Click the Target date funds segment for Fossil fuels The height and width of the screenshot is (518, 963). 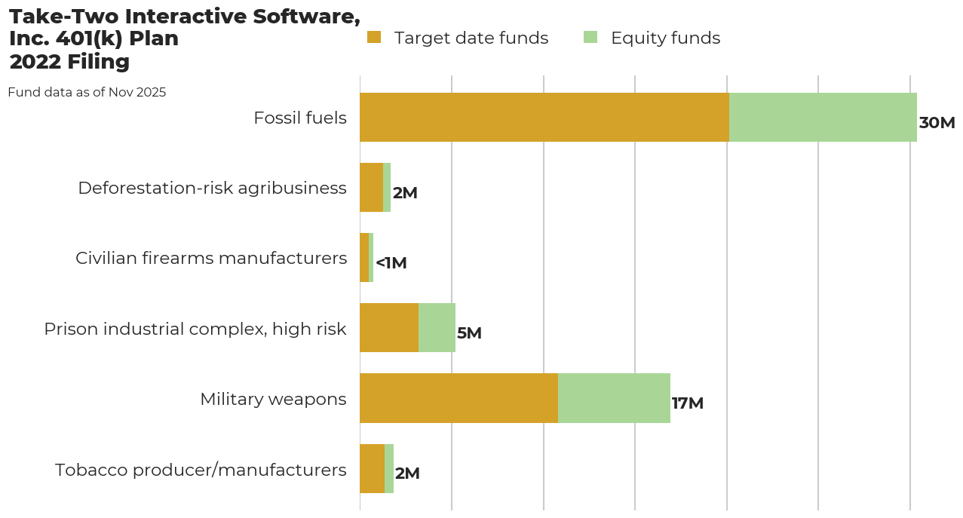click(544, 118)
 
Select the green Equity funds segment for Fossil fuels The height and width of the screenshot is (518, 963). click(823, 118)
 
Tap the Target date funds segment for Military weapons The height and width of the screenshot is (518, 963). click(458, 398)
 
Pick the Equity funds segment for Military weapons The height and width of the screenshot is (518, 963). click(614, 398)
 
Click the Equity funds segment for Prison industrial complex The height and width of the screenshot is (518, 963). click(437, 328)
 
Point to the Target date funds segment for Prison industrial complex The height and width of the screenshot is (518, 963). click(389, 328)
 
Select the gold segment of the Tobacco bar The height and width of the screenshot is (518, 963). click(372, 468)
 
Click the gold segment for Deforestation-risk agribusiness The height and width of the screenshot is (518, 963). click(371, 188)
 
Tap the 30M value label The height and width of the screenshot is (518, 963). click(937, 123)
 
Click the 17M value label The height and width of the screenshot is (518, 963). click(687, 403)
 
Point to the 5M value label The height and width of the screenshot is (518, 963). click(469, 333)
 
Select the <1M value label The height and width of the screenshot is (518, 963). click(391, 263)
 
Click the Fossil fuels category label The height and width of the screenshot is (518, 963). click(300, 118)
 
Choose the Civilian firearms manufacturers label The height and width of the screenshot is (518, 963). click(211, 259)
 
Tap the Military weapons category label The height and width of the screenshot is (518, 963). click(273, 399)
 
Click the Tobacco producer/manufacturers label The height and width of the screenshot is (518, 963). click(201, 470)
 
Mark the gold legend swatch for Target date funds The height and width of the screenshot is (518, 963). click(374, 38)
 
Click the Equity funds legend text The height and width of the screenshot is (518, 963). click(665, 38)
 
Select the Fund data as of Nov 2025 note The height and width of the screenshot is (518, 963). click(87, 93)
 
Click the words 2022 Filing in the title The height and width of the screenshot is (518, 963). click(69, 62)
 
